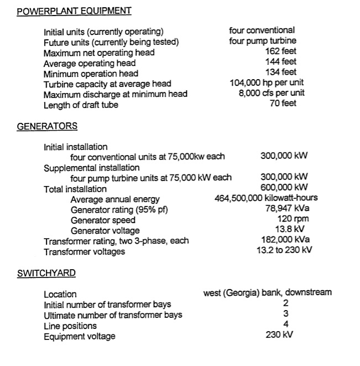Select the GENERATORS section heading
47,126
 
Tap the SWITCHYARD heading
46,273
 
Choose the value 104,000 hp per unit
267,83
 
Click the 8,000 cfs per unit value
271,93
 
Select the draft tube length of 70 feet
283,104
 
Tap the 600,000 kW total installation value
284,188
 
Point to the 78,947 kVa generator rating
287,209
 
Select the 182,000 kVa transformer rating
285,240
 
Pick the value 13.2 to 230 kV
284,250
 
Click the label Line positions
70,326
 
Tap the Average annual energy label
115,199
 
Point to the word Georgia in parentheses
242,292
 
